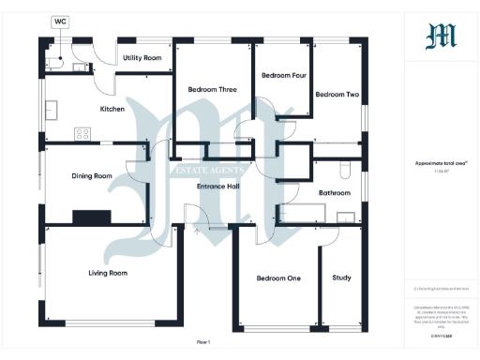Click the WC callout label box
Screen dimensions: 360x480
coord(60,20)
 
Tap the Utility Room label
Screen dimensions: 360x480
coord(142,58)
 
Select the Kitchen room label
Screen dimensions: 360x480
coord(112,109)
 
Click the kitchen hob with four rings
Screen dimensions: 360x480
coord(82,132)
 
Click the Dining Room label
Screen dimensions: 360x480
coord(92,175)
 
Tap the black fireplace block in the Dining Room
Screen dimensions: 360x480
coord(92,215)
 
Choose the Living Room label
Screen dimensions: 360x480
coord(108,273)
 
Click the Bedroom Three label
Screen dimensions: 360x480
coord(211,89)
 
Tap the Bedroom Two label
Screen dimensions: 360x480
coord(337,95)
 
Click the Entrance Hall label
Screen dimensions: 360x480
coord(218,186)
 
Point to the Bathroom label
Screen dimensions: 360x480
coord(334,193)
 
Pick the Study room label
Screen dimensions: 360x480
coord(341,277)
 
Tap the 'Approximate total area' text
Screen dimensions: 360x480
coord(441,162)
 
